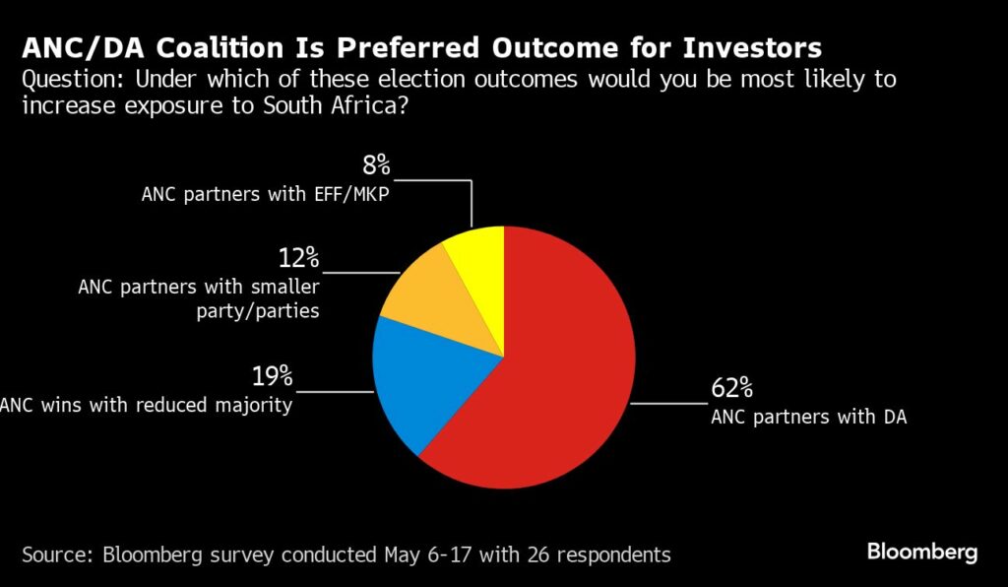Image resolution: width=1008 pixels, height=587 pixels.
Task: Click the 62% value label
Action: (x=731, y=387)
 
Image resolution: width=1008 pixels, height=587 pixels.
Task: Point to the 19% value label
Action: (x=272, y=375)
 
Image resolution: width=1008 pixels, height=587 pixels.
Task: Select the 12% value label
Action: (x=298, y=258)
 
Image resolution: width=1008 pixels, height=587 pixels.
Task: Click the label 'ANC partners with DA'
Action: (x=808, y=417)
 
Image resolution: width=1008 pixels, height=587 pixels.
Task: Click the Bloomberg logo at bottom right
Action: (x=921, y=552)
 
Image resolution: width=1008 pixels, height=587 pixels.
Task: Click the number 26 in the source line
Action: (x=535, y=554)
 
